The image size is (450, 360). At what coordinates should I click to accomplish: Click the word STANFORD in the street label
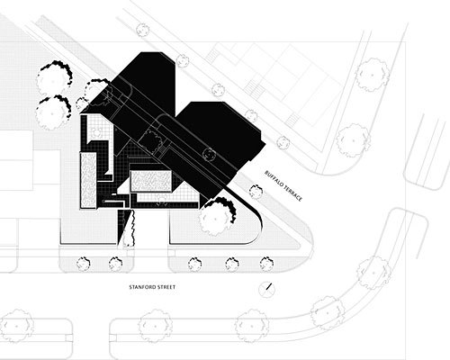(x=140, y=287)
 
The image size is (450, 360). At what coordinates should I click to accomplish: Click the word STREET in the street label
(x=165, y=287)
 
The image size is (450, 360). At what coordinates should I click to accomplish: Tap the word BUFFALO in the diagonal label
(x=274, y=180)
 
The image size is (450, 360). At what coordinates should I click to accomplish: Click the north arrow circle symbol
(x=266, y=289)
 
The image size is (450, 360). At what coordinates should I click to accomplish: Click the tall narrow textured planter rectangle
(x=88, y=180)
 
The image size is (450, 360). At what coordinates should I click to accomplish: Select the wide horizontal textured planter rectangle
(x=151, y=181)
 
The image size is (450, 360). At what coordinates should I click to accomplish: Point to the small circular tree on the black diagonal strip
(x=209, y=154)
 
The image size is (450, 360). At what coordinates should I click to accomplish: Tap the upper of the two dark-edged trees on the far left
(x=54, y=78)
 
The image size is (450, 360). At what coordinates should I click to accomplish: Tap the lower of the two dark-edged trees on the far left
(x=53, y=112)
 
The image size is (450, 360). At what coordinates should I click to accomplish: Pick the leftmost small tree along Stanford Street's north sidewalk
(x=83, y=264)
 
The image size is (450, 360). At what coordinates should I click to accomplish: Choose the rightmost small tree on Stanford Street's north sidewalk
(x=266, y=264)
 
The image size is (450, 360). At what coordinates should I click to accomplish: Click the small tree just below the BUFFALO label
(x=256, y=192)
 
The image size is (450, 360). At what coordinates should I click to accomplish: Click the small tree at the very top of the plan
(x=143, y=30)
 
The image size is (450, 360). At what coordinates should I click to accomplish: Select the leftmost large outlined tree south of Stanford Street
(x=16, y=326)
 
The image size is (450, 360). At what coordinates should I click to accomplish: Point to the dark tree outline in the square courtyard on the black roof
(x=149, y=140)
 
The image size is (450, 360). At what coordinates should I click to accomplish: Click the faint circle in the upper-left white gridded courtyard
(x=97, y=132)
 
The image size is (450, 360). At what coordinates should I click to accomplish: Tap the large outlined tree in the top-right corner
(x=373, y=75)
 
